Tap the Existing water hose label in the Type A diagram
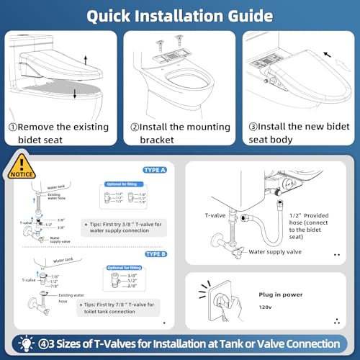click(46, 197)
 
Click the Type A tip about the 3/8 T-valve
click(128, 223)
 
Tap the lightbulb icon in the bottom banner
click(24, 343)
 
